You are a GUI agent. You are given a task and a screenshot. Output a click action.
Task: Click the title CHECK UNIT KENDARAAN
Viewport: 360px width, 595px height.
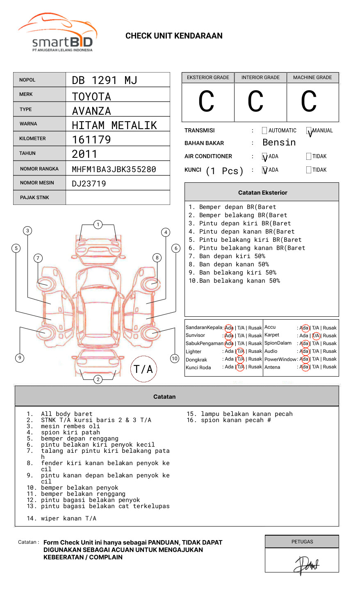174,36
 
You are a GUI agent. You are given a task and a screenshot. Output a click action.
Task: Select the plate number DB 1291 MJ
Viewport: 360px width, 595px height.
105,80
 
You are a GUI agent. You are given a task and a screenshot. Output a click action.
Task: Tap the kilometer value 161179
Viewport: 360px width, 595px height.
91,140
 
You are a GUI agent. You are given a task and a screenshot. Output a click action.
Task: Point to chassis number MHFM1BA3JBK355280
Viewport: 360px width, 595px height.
114,169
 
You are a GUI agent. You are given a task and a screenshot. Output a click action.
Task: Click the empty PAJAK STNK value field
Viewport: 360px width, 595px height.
118,198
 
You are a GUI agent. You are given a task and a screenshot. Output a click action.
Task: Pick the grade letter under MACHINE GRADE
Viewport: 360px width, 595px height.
309,102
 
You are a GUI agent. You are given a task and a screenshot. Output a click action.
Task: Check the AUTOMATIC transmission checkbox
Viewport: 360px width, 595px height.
264,131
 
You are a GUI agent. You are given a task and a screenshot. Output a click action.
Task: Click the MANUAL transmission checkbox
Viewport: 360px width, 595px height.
309,131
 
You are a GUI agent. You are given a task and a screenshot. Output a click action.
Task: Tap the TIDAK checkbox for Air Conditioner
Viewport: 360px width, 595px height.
309,157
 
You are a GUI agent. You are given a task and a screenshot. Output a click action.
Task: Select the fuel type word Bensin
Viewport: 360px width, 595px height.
279,143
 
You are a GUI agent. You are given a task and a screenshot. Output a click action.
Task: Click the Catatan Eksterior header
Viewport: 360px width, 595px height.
262,193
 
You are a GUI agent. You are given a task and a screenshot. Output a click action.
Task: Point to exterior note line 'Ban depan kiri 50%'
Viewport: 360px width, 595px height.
232,256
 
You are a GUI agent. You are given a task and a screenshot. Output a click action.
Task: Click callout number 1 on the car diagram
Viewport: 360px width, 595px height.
98,225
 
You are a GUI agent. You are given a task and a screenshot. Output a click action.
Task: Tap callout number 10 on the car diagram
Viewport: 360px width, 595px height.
175,359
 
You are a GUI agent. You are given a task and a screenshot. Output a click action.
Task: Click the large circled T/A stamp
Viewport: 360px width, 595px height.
144,369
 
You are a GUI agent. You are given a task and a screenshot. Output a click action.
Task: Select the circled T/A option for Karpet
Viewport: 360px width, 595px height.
316,336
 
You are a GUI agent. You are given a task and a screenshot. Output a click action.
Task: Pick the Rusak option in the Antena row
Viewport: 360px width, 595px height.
329,367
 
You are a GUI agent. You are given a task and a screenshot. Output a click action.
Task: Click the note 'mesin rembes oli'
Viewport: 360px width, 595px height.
70,426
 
